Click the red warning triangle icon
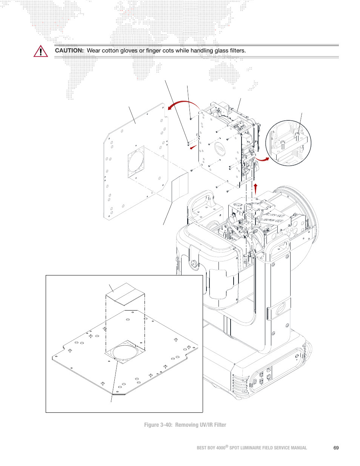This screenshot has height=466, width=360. point(40,51)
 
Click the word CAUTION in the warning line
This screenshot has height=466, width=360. point(69,51)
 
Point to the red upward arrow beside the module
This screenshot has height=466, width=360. point(255,189)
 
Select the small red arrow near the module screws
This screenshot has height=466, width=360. point(193,147)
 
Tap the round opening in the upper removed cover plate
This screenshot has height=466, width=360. point(136,160)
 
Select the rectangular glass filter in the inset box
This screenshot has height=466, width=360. point(125,294)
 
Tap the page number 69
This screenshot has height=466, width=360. point(336,448)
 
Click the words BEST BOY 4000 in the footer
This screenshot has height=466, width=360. point(211,448)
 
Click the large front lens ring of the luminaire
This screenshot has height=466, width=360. point(309,215)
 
